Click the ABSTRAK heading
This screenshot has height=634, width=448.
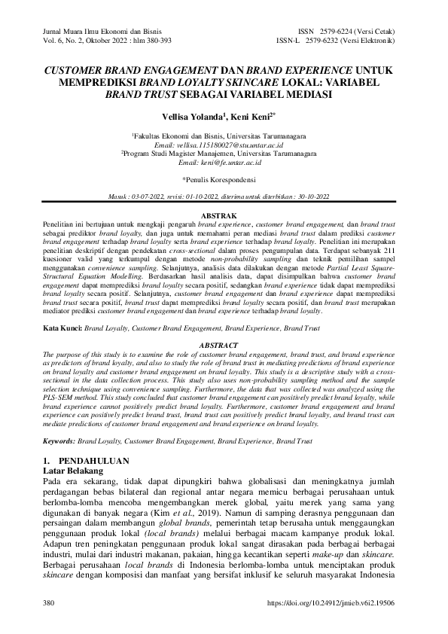point(224,215)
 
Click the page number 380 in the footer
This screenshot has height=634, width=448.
point(50,604)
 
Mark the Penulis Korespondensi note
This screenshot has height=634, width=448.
point(223,180)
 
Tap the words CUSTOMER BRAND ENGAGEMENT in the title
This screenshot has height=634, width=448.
point(112,70)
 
